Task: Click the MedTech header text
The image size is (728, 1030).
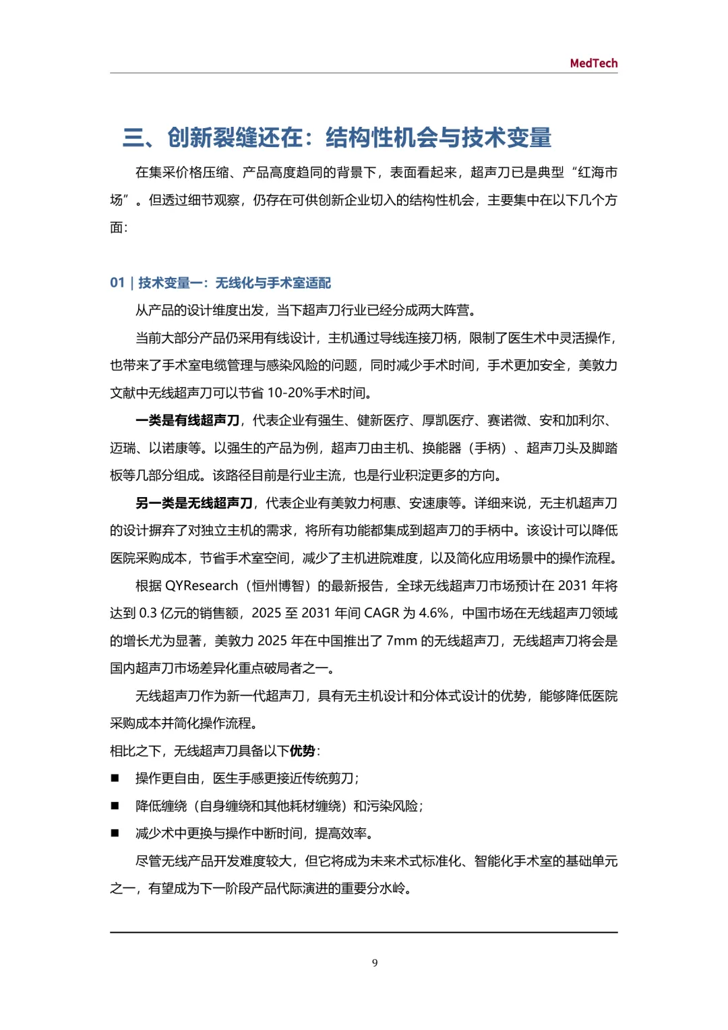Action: click(593, 63)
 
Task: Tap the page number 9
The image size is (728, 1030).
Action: click(375, 963)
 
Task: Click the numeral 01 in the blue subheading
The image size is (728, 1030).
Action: click(117, 283)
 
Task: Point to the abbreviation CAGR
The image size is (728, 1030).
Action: click(382, 613)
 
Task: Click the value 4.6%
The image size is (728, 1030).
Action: click(433, 613)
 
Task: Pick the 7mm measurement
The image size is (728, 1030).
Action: click(401, 641)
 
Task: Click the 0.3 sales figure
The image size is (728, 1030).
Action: click(148, 613)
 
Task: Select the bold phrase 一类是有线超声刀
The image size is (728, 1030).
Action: click(187, 420)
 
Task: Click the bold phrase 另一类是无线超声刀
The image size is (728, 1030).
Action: click(194, 503)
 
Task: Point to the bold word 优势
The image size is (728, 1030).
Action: click(303, 751)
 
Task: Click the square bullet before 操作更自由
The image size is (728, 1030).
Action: click(115, 778)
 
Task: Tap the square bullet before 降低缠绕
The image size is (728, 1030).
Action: click(115, 806)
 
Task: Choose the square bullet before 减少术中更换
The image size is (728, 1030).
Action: click(115, 834)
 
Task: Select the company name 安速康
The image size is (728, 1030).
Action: click(429, 503)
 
